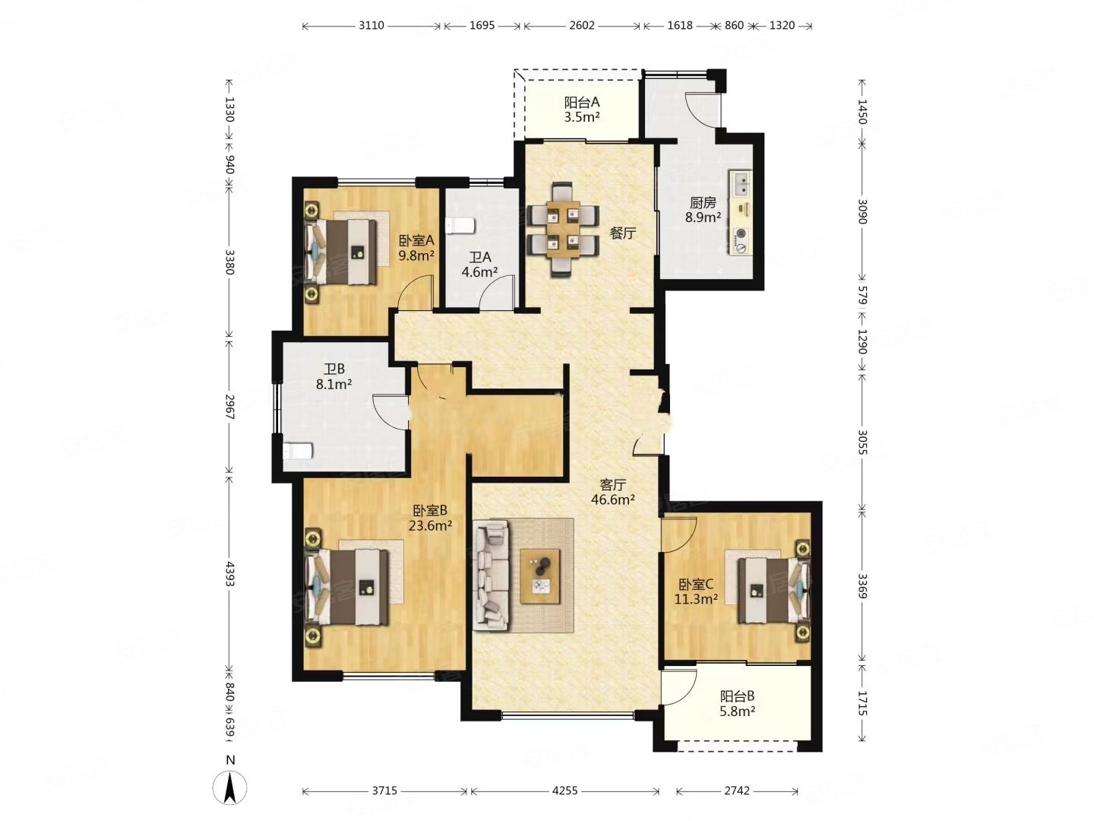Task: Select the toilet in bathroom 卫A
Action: click(x=460, y=226)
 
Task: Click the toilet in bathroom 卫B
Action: click(x=298, y=451)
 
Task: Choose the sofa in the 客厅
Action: click(x=492, y=575)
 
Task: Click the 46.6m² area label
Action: click(x=612, y=499)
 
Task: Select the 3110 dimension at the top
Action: click(x=371, y=25)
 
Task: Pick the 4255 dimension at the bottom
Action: click(x=564, y=790)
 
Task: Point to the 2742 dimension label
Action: click(x=736, y=790)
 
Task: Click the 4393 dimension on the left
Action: click(x=229, y=573)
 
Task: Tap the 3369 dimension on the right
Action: click(x=862, y=587)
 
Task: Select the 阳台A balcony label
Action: click(x=581, y=102)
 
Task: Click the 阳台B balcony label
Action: click(x=737, y=696)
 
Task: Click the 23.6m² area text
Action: click(x=430, y=525)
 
